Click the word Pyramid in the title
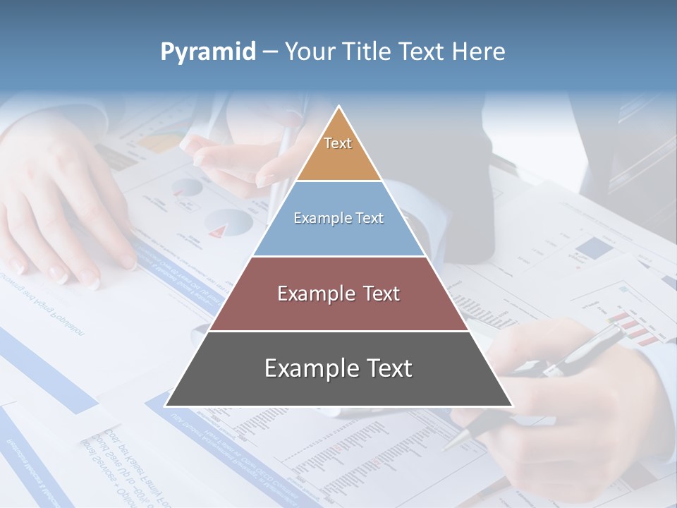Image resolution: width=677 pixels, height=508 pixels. (207, 52)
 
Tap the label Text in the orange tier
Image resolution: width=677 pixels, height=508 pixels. (338, 143)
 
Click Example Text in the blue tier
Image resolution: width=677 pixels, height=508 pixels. (338, 218)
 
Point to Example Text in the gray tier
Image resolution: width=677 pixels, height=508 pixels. (338, 368)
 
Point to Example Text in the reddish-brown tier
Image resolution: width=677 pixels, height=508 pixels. (338, 294)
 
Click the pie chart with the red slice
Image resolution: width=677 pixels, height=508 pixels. (229, 224)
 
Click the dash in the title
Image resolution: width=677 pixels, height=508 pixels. (270, 52)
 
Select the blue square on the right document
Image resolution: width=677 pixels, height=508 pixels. (594, 247)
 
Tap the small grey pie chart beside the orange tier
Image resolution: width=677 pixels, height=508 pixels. (188, 188)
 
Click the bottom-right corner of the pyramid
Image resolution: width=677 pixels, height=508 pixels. (512, 406)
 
